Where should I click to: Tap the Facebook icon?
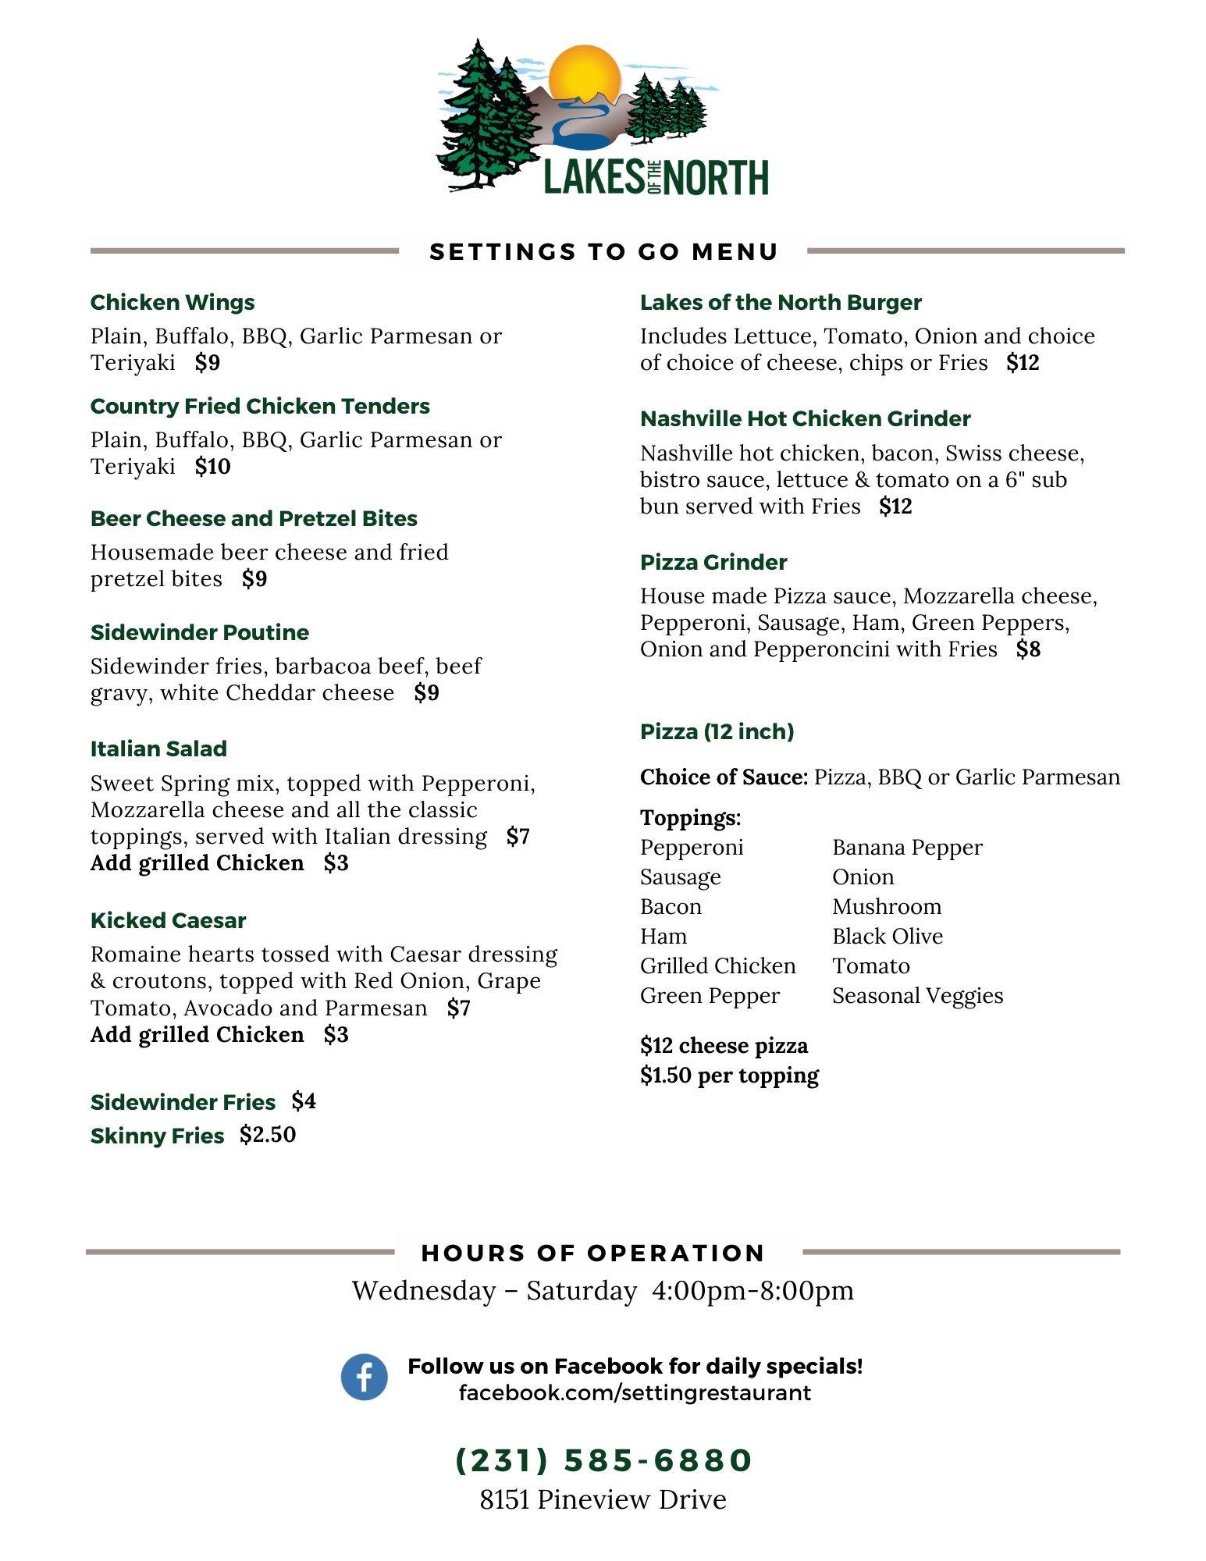pos(364,1377)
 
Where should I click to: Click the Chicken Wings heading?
pos(173,303)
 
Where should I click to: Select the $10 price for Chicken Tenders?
pos(212,467)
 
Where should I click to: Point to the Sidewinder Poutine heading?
pos(200,632)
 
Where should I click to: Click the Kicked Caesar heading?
pos(169,921)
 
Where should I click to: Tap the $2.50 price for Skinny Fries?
pos(268,1135)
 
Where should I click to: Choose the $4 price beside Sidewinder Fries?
pos(304,1101)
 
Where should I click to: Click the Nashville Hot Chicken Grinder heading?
pos(805,419)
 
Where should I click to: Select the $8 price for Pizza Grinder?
pos(1028,649)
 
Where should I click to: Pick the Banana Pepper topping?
pos(907,848)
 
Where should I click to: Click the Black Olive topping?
pos(887,937)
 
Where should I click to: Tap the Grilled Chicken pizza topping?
pos(717,966)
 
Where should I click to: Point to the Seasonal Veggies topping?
pos(917,996)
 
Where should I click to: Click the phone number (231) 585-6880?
pos(603,1460)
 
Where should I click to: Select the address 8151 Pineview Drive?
pos(603,1499)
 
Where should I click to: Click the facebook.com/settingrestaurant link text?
pos(635,1393)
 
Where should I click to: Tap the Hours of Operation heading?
pos(592,1253)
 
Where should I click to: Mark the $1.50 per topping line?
pos(729,1076)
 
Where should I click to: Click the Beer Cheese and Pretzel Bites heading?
pos(254,519)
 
